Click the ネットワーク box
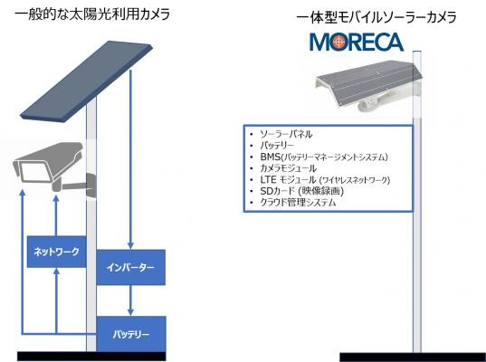(x=56, y=252)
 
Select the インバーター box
(x=131, y=267)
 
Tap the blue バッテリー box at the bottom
(x=131, y=334)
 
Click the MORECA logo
(x=357, y=42)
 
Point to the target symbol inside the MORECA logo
(x=338, y=42)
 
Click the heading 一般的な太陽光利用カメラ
(x=92, y=14)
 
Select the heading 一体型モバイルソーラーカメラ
(x=376, y=17)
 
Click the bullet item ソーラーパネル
(x=286, y=134)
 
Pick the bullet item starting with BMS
(x=324, y=157)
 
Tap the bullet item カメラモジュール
(x=289, y=168)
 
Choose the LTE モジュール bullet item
(x=325, y=180)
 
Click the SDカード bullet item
(x=302, y=191)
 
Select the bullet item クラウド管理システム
(x=298, y=203)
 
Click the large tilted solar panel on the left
(x=86, y=82)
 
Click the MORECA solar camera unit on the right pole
(x=367, y=85)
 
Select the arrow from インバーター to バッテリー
(x=130, y=300)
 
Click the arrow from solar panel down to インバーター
(x=130, y=159)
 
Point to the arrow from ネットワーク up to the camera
(x=56, y=215)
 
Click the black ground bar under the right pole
(x=413, y=357)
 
